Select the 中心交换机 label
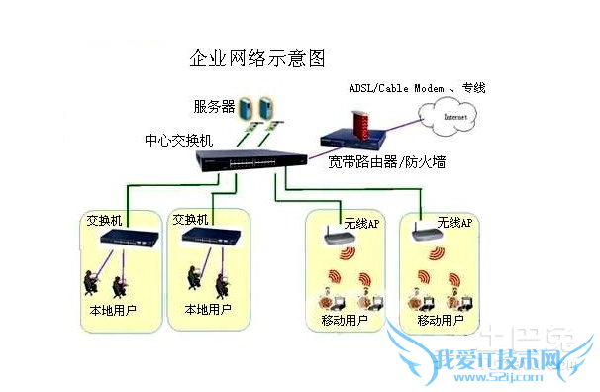pyautogui.click(x=179, y=141)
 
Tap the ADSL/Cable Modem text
pyautogui.click(x=393, y=88)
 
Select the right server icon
pyautogui.click(x=265, y=105)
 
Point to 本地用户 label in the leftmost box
pyautogui.click(x=112, y=310)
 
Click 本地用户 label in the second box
pyautogui.click(x=208, y=310)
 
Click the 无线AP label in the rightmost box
pyautogui.click(x=454, y=224)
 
